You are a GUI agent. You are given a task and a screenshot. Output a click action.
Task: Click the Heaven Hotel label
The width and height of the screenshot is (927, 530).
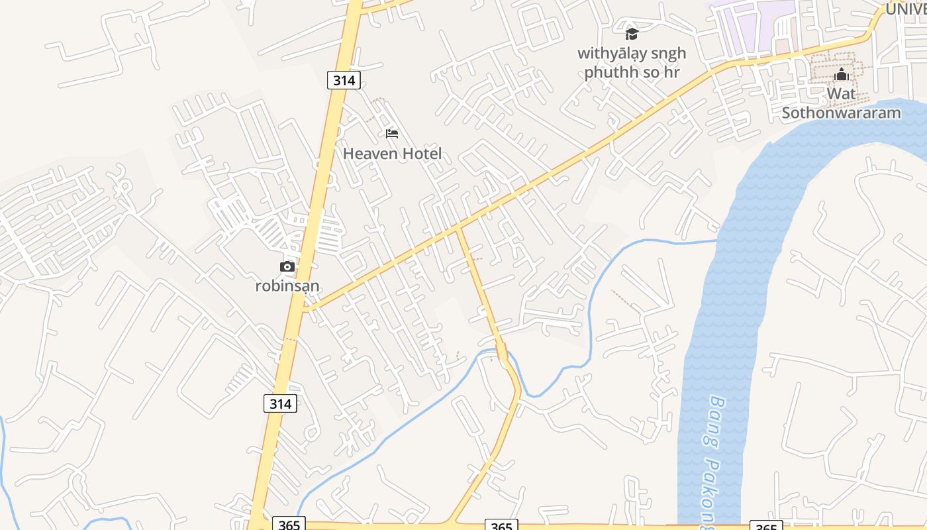[x=392, y=154]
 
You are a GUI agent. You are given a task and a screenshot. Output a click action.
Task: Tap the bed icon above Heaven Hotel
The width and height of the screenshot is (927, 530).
[x=392, y=134]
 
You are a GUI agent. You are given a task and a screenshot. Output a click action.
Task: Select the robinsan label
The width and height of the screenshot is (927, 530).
[x=287, y=286]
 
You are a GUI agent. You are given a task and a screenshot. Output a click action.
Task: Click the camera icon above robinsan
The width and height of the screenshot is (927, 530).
[x=287, y=266]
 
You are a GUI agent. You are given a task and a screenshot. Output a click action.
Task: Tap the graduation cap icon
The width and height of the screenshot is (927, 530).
[x=632, y=34]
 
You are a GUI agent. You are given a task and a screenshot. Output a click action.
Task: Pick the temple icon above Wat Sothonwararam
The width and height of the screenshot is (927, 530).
[x=842, y=74]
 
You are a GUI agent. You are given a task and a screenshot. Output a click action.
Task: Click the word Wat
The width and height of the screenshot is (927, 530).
[x=841, y=94]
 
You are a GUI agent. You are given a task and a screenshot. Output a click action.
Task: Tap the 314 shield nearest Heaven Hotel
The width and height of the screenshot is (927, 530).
[x=344, y=81]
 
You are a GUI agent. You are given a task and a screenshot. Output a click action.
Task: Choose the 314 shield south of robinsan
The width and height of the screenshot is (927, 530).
[x=280, y=403]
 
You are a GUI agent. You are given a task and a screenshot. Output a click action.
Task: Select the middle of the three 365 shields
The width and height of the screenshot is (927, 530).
[x=501, y=526]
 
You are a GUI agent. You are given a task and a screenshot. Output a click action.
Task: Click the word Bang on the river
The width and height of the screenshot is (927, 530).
[x=718, y=414]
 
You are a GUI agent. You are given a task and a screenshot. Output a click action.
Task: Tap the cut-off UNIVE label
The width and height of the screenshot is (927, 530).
[x=906, y=9]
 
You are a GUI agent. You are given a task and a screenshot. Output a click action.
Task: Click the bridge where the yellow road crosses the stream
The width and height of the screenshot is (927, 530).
[x=501, y=352]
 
